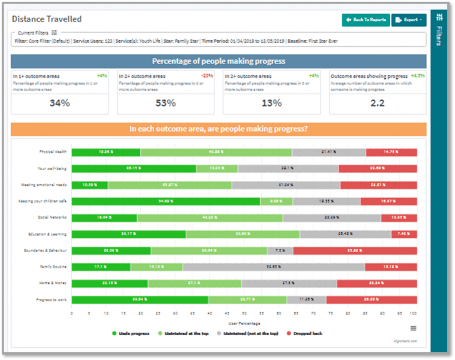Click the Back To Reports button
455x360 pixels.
[366, 20]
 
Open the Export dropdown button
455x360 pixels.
[409, 20]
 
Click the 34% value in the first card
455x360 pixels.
[59, 103]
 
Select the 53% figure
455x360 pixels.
[165, 103]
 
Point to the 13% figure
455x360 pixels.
[271, 103]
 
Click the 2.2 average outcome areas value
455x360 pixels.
[377, 103]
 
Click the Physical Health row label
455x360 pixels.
[53, 152]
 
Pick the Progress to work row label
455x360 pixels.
[52, 300]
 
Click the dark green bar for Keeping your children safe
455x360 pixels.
[166, 202]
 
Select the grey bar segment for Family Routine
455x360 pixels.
[273, 267]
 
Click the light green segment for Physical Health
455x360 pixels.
[216, 152]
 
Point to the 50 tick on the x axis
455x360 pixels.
[243, 313]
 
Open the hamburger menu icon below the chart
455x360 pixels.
[414, 328]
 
